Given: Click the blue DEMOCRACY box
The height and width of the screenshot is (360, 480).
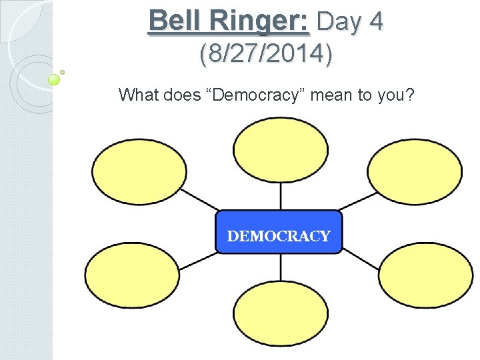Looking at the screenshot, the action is [279, 232].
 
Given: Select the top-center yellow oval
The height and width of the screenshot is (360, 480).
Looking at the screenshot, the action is [280, 149].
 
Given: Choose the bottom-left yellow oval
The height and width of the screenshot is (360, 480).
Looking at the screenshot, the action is [132, 275].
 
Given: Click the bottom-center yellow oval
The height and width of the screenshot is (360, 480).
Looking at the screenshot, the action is [280, 314].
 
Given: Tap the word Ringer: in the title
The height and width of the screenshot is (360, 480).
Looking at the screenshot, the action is [260, 21].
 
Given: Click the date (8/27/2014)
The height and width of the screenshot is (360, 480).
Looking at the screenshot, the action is [265, 55].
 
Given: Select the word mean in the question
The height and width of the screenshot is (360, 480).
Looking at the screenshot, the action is [332, 95].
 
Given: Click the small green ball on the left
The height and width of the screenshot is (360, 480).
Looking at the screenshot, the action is [55, 80].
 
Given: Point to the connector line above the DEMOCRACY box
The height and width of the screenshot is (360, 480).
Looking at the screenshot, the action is [280, 196].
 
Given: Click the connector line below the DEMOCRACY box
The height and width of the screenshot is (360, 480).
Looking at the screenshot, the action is [280, 267].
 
